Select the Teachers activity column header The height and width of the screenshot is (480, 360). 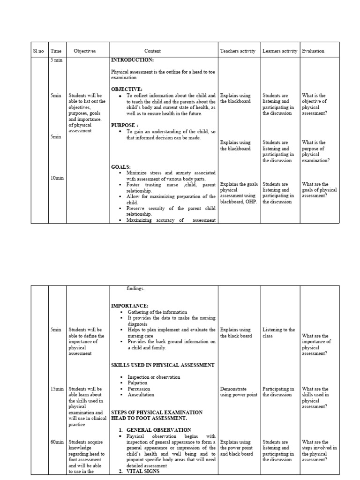click(238, 51)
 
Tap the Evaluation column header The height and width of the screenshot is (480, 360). click(313, 51)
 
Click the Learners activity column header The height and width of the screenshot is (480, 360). click(280, 51)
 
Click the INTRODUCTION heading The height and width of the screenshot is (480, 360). click(132, 60)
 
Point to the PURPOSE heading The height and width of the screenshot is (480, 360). click(124, 125)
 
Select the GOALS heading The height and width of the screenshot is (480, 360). click(121, 167)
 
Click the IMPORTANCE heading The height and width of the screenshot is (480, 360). click(129, 306)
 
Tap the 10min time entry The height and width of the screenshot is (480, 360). click(57, 178)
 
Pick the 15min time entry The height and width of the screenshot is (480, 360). click(57, 389)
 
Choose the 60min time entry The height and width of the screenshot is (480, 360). click(57, 442)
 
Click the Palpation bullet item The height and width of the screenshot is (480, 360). click(137, 383)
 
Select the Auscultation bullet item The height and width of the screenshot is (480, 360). click(141, 395)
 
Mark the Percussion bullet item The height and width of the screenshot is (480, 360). click(139, 389)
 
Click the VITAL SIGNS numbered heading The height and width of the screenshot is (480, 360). click(143, 471)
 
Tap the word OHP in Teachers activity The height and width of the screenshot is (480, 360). click(251, 202)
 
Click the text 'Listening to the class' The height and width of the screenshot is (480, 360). click(278, 333)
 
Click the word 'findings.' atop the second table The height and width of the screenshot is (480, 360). click(135, 289)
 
